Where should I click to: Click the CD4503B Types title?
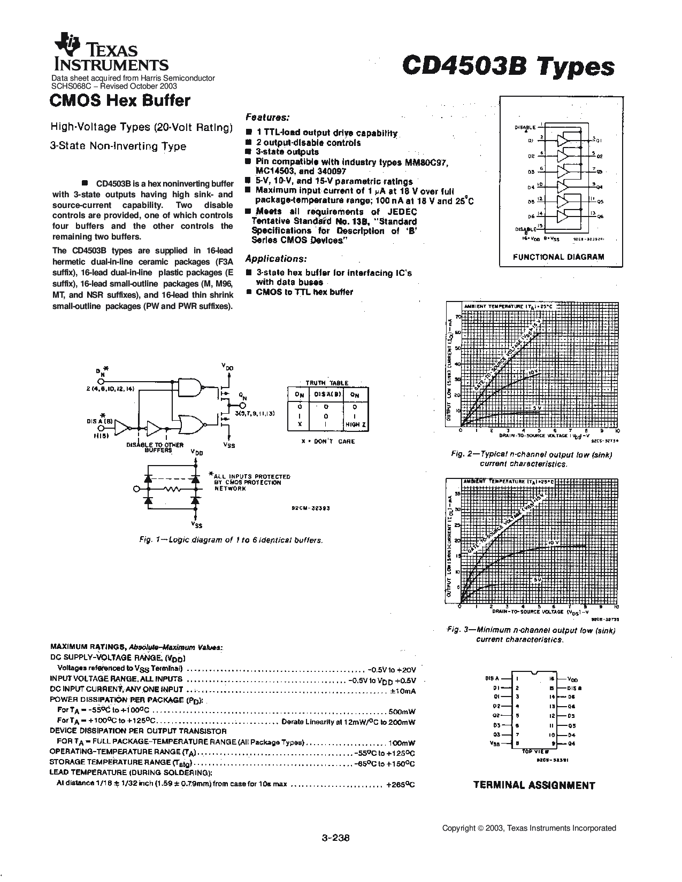click(x=508, y=67)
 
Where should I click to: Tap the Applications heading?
click(x=276, y=259)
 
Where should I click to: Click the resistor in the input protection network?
click(x=173, y=489)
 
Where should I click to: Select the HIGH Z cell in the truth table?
click(x=355, y=425)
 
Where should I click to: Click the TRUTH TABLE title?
click(x=327, y=383)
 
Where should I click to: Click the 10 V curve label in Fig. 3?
click(x=553, y=543)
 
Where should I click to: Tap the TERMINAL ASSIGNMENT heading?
click(x=534, y=785)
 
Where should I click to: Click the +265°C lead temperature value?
click(x=400, y=785)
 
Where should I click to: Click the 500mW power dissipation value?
click(x=402, y=711)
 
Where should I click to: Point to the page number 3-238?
click(x=335, y=838)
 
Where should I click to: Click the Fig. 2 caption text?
click(x=531, y=459)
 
